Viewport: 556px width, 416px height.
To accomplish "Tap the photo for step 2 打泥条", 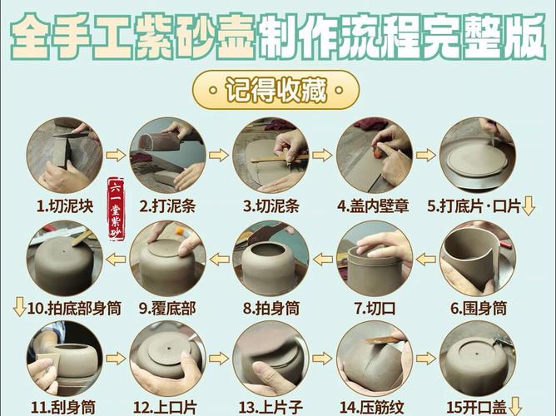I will point(166,155).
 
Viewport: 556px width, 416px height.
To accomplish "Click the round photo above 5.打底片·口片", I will point(476,155).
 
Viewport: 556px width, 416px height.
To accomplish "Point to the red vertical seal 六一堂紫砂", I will point(117,209).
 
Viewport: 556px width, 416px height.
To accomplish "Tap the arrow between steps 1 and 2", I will point(117,155).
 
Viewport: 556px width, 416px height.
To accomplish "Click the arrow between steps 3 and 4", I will point(321,155).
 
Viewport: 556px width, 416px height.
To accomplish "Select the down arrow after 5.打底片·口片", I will point(528,206).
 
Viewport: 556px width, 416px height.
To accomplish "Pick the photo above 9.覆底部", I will point(166,259).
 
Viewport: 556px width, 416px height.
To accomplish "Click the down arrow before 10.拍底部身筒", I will point(19,308).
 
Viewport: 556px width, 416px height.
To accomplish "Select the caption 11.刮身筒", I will point(63,407).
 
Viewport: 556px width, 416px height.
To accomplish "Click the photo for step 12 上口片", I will point(166,359).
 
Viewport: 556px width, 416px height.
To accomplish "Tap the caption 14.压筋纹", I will point(373,407).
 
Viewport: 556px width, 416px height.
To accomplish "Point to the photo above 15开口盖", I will point(476,359).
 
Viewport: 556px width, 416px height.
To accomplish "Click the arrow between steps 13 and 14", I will point(321,358).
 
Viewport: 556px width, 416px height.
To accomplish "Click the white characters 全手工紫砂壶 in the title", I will point(133,35).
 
